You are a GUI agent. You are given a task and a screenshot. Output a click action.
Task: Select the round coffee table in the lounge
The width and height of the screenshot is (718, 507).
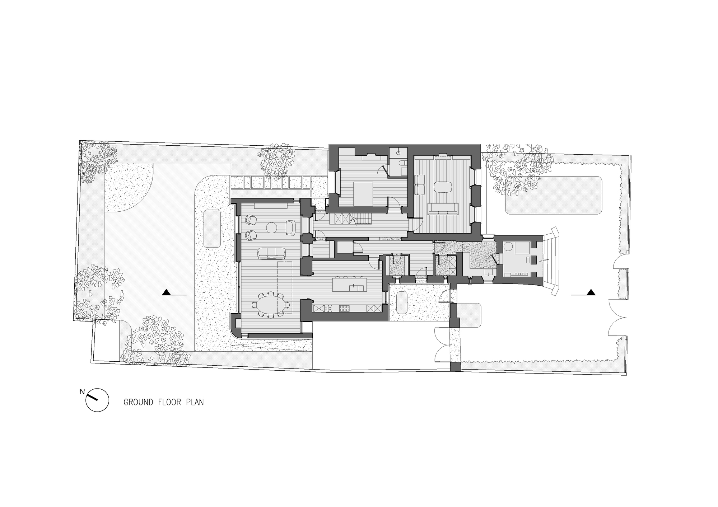coord(271,227)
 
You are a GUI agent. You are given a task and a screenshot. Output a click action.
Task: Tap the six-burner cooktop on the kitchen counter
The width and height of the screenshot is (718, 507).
coord(345,308)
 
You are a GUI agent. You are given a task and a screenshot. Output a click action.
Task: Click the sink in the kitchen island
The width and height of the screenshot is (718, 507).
coord(354,287)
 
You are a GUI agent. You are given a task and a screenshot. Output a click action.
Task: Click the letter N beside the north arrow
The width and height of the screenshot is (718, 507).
coord(82,391)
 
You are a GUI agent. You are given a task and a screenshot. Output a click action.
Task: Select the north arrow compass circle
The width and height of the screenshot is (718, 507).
coord(97,400)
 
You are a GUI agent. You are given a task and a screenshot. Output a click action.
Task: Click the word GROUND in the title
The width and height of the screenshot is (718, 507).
coord(138,402)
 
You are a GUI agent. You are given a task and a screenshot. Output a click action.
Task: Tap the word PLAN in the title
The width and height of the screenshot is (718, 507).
coord(195,402)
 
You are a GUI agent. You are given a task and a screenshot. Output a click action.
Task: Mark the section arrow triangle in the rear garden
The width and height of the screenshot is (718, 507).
coord(166,292)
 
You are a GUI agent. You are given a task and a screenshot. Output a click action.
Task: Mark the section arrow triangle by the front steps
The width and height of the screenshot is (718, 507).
coord(591,292)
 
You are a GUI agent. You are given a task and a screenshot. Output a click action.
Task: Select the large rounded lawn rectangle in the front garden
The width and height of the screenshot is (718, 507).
coord(553,196)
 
